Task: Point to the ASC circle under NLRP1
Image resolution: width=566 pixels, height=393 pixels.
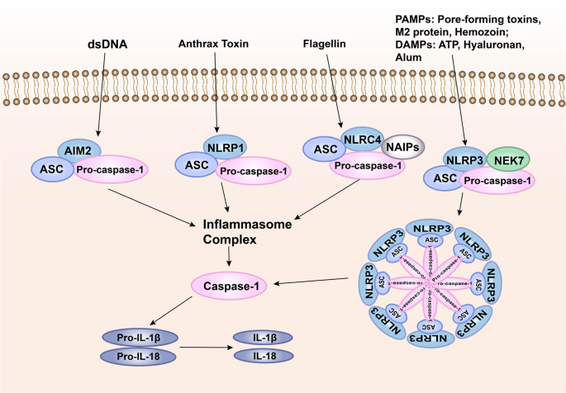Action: point(196,166)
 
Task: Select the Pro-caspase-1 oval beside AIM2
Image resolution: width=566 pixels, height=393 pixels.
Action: point(122,169)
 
